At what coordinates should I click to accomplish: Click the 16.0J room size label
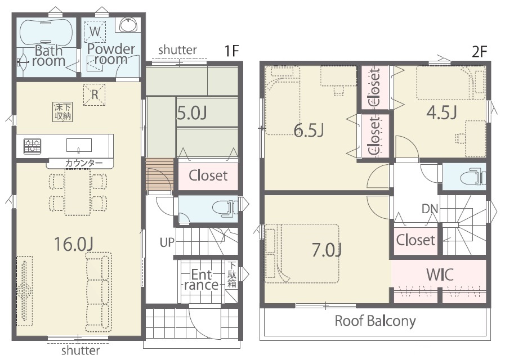coord(74,244)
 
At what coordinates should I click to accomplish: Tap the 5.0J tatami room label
coord(192,113)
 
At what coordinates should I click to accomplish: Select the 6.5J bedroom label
coord(309,130)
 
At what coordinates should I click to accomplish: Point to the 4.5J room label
coord(441,112)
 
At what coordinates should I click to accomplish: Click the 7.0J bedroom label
coord(327,250)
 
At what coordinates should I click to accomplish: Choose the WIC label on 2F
coord(440,274)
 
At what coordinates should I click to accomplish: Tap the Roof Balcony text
coord(375,321)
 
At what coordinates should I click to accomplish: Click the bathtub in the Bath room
coord(47,33)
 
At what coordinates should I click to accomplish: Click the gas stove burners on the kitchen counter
coord(32,146)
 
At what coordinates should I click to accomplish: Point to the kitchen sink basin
coord(79,145)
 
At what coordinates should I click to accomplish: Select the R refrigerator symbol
coord(95,94)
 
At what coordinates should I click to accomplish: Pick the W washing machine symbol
coord(95,31)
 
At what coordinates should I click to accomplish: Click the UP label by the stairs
coord(167,242)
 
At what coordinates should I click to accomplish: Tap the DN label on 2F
coord(430,209)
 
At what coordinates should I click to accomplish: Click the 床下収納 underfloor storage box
coord(63,112)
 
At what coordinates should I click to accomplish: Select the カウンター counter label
coord(84,163)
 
